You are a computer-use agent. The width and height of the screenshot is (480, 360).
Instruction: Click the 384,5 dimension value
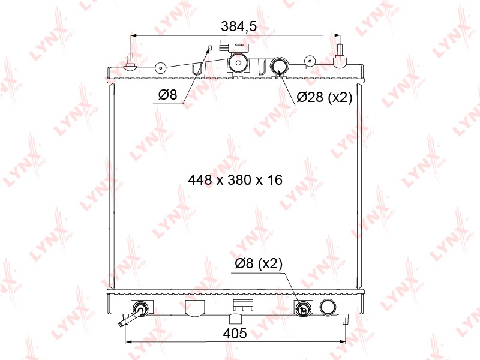click(239, 26)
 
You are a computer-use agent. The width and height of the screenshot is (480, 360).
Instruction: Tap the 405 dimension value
click(235, 334)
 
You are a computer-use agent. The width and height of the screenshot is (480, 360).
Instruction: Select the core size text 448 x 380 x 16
click(235, 179)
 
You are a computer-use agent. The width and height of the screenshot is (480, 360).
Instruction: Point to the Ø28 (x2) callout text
click(325, 97)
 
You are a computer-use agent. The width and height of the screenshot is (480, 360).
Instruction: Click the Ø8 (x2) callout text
click(259, 263)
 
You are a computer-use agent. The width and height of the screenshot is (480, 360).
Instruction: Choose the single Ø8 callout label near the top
click(168, 95)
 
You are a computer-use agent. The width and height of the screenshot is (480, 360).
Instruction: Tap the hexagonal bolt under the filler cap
click(238, 64)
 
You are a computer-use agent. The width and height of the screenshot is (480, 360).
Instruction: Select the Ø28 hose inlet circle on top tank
click(279, 66)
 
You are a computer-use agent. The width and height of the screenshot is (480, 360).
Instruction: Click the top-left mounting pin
click(130, 61)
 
